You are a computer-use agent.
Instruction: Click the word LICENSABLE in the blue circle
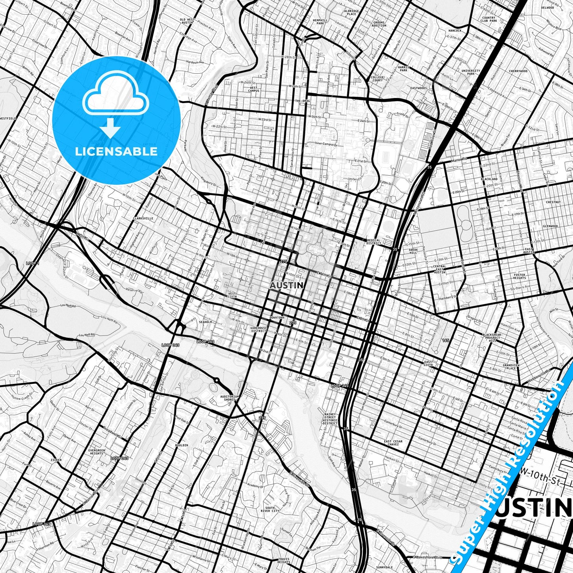pos(116,151)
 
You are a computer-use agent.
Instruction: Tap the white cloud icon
pos(115,94)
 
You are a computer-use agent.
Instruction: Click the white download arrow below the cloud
pos(110,128)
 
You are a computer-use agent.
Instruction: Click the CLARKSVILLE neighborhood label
pos(144,218)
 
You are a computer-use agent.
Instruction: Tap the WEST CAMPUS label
pos(254,89)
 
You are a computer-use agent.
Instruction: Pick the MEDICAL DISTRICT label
pos(374,241)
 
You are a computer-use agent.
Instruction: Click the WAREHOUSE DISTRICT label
pos(259,330)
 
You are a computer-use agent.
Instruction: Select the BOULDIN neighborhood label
pos(182,445)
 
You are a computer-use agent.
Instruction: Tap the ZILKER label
pos(56,460)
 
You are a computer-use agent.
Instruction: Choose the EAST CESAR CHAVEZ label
pos(393,443)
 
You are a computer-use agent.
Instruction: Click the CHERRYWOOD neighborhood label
pos(518,71)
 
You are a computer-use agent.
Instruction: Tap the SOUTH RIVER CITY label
pos(272,509)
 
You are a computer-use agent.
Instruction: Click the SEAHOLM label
pos(205,322)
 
